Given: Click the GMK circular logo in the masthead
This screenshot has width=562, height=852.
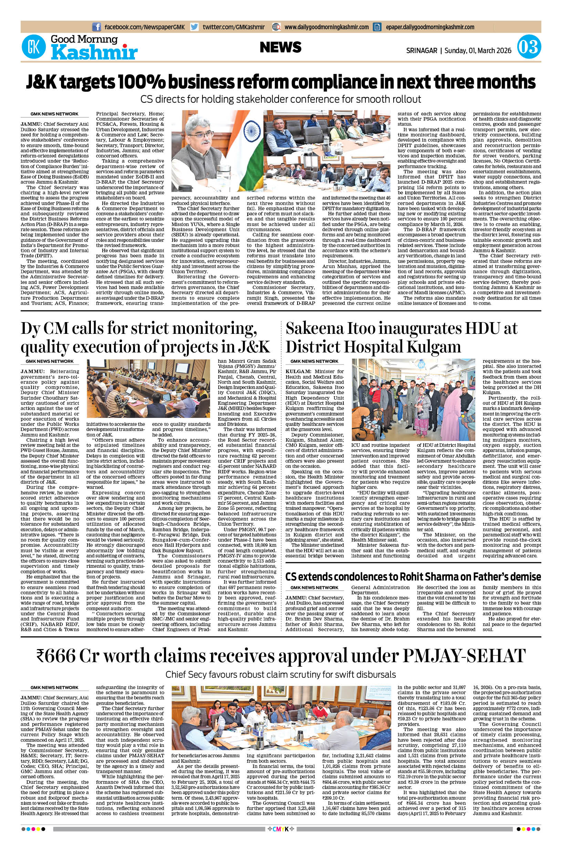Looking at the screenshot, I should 34,47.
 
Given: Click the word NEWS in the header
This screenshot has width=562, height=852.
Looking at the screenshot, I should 281,47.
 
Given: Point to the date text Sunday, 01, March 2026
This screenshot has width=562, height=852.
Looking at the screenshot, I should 478,51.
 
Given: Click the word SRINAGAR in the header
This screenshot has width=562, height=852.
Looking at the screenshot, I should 421,51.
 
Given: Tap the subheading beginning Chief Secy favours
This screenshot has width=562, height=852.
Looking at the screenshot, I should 281,675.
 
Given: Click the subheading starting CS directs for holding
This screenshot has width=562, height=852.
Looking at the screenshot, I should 281,99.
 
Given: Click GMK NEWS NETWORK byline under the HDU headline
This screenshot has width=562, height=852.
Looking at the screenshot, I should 314,361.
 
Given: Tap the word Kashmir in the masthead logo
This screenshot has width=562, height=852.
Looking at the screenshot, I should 94,53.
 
